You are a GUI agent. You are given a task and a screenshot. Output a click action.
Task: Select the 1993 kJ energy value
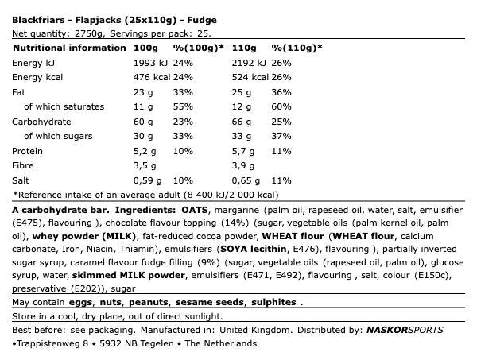(x=150, y=63)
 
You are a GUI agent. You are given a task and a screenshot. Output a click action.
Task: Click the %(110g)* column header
(x=297, y=48)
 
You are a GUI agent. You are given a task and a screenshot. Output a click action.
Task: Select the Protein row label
(x=29, y=151)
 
